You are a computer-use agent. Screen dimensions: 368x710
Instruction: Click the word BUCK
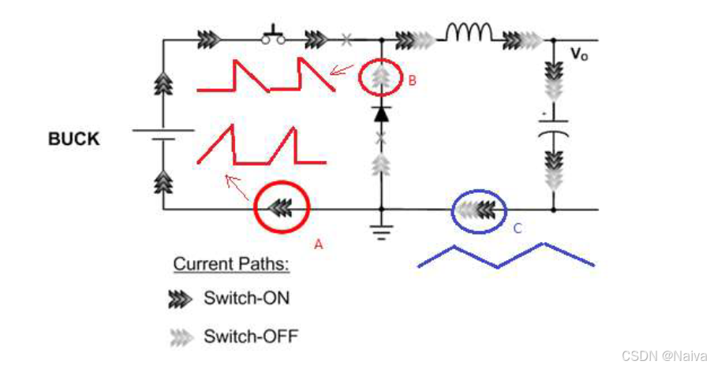(74, 139)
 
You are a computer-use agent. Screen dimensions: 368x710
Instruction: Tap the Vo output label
(579, 54)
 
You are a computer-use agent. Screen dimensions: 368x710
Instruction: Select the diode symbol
(381, 113)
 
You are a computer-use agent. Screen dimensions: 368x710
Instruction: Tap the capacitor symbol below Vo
(553, 127)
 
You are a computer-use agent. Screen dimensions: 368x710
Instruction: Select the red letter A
(319, 244)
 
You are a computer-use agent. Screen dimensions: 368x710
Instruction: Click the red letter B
(413, 80)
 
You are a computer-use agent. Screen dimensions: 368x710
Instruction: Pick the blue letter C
(518, 229)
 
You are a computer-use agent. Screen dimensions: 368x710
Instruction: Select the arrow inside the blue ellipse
(478, 210)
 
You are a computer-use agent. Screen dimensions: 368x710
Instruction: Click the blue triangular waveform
(505, 257)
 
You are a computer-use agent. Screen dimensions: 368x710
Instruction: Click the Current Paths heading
(231, 264)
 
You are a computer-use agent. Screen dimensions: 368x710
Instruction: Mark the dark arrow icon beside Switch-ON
(181, 299)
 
